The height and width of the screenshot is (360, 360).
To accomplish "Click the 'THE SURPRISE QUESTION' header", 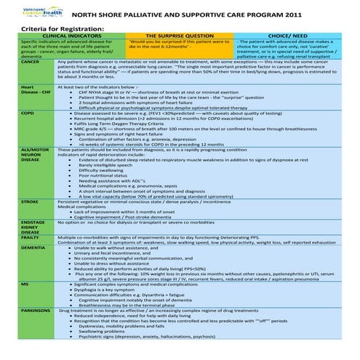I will (179, 36).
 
